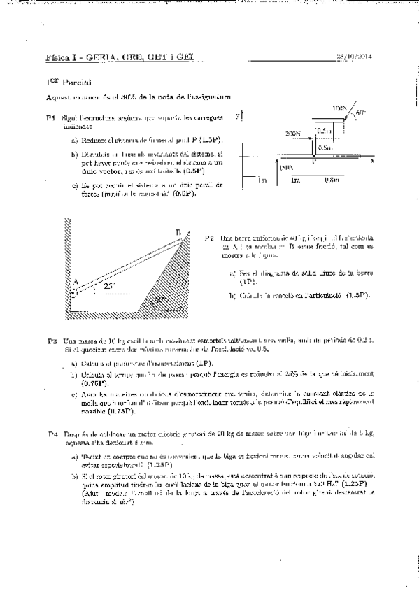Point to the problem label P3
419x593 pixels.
(x=52, y=341)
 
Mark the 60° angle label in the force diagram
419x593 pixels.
(x=360, y=112)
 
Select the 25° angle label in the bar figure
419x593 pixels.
(x=108, y=286)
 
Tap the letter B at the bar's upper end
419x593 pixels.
(x=179, y=233)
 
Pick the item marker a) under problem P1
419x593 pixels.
(x=74, y=139)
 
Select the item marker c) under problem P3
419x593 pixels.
(x=74, y=394)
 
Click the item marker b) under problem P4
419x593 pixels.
(x=75, y=476)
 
